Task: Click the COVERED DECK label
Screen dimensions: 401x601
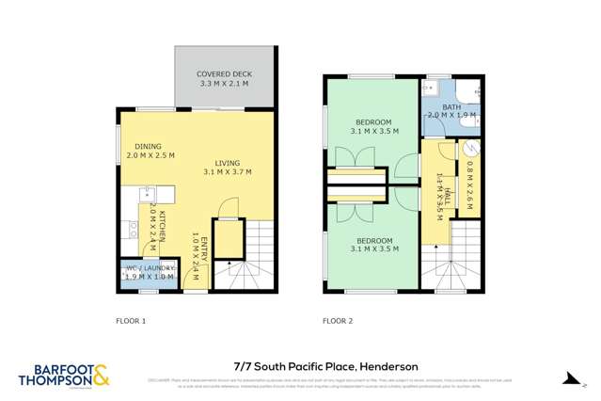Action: tap(224, 74)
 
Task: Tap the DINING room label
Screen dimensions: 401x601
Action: tap(148, 147)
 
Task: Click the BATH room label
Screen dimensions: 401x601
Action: tap(451, 107)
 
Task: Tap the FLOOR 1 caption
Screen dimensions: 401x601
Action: tap(132, 321)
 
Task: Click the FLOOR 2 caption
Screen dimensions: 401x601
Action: tap(338, 321)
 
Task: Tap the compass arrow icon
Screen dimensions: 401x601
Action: tap(570, 377)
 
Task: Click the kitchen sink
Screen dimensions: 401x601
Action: tap(149, 195)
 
